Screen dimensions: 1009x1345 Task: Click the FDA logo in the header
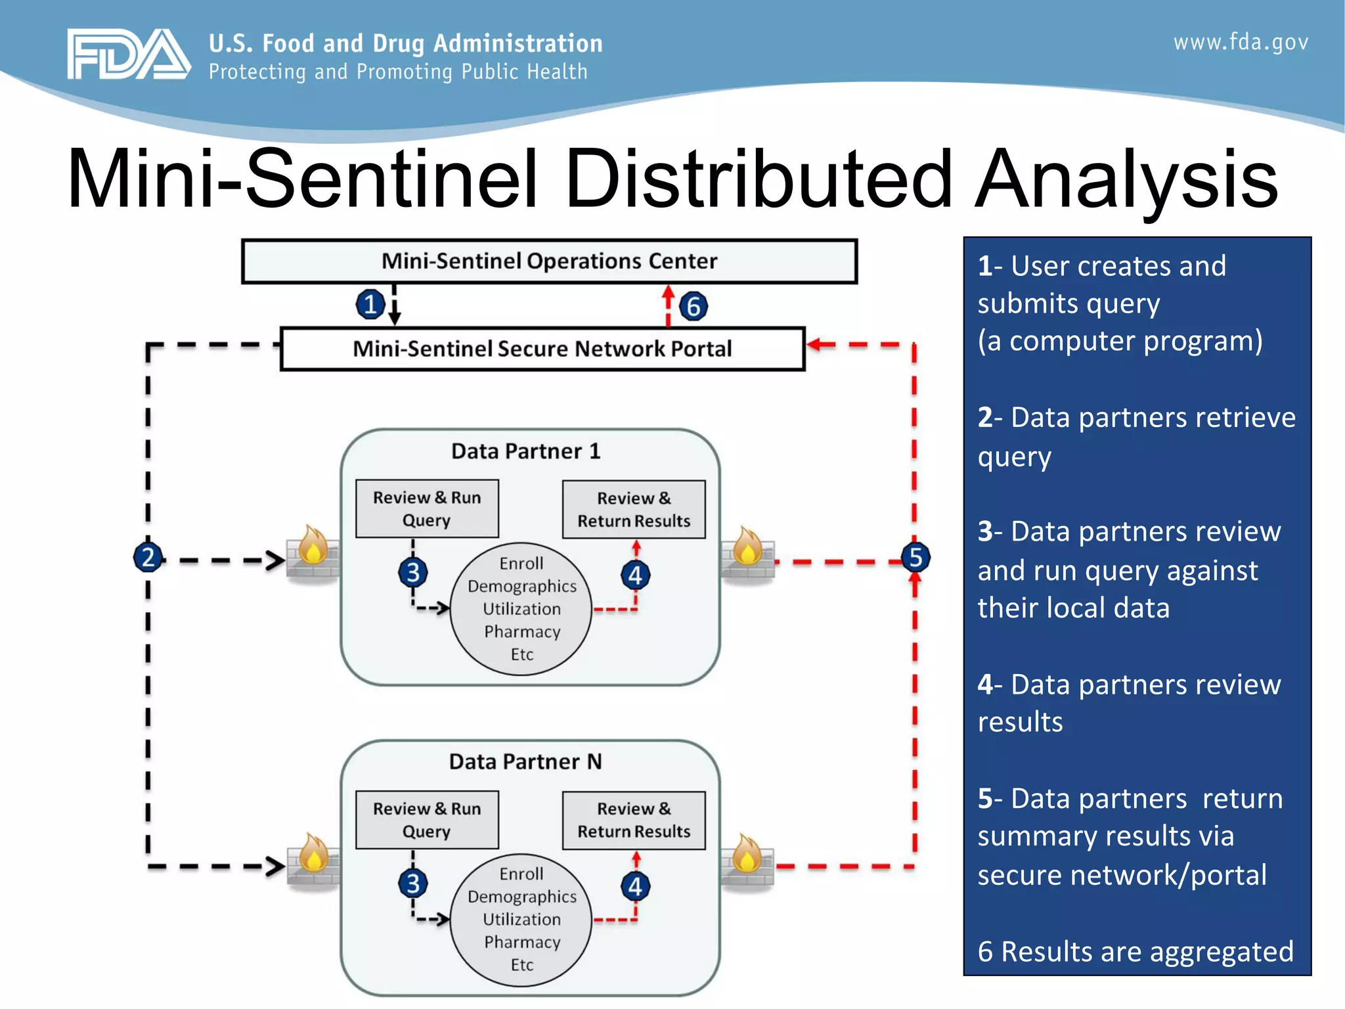click(128, 55)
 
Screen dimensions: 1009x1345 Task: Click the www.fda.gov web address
click(1241, 43)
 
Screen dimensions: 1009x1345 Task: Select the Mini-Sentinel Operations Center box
click(549, 261)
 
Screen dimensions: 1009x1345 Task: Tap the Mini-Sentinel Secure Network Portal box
click(542, 349)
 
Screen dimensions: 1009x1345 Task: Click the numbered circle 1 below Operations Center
click(370, 305)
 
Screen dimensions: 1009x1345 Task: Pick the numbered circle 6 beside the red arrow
click(694, 307)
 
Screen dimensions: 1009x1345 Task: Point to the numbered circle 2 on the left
click(148, 558)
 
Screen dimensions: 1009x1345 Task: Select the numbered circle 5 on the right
click(915, 558)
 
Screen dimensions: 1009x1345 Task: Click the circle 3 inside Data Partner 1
click(413, 573)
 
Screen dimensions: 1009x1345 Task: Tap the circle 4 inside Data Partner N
click(635, 886)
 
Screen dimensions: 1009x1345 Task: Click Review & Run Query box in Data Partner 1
click(427, 508)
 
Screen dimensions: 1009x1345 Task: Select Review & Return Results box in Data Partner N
click(634, 820)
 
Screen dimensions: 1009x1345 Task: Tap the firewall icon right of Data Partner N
click(747, 861)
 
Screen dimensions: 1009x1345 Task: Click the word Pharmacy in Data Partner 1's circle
click(522, 632)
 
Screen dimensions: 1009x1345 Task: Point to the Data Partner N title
click(525, 762)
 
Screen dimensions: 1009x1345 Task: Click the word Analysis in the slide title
click(1126, 179)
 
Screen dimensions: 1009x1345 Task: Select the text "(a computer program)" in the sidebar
click(1120, 341)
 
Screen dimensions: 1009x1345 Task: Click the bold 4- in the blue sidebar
click(990, 684)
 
